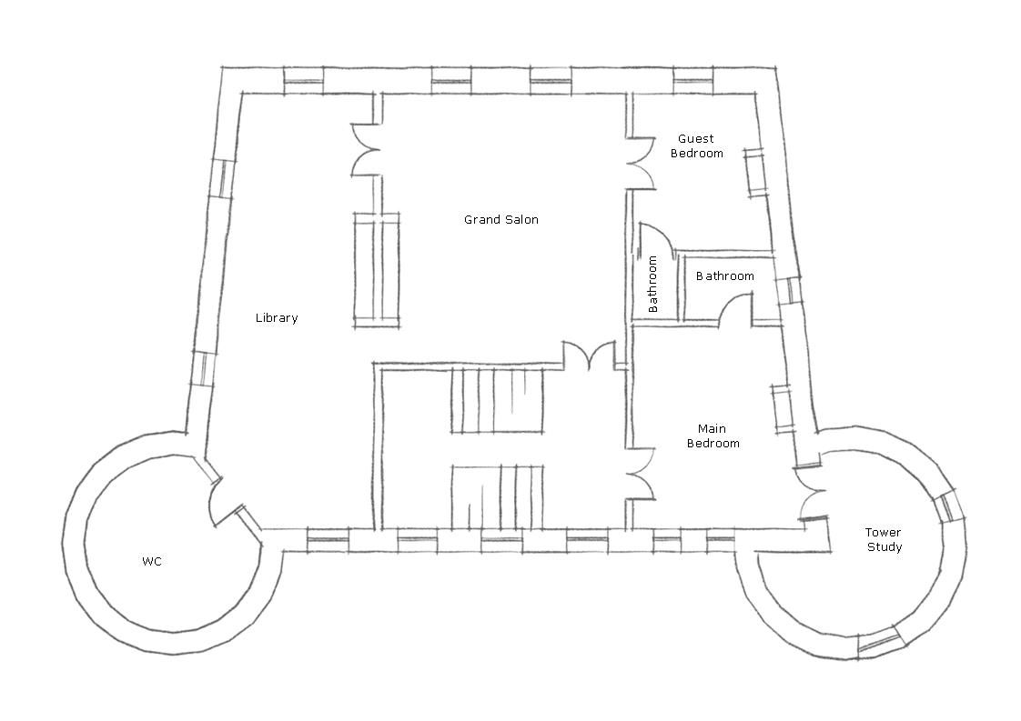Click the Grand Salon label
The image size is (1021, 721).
(x=501, y=220)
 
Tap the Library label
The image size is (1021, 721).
(x=277, y=317)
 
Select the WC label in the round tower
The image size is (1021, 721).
(x=152, y=561)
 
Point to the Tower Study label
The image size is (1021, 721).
(x=884, y=539)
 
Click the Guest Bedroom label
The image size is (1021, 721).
(x=697, y=145)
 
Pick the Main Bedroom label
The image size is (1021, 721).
(x=713, y=436)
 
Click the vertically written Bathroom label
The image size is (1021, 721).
(x=652, y=284)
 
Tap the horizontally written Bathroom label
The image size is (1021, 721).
(x=724, y=275)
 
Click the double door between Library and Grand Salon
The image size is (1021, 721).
(x=365, y=150)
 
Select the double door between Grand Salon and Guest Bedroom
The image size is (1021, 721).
(x=641, y=162)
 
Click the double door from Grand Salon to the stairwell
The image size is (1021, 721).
(x=589, y=355)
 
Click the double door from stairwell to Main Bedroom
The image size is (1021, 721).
(x=640, y=474)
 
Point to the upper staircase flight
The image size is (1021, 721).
(x=497, y=401)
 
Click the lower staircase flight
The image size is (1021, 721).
(x=497, y=496)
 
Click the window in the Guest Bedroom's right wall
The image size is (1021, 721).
(x=754, y=173)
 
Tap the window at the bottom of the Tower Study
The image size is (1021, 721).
(x=880, y=638)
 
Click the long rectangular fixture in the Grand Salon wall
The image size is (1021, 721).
(x=377, y=270)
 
